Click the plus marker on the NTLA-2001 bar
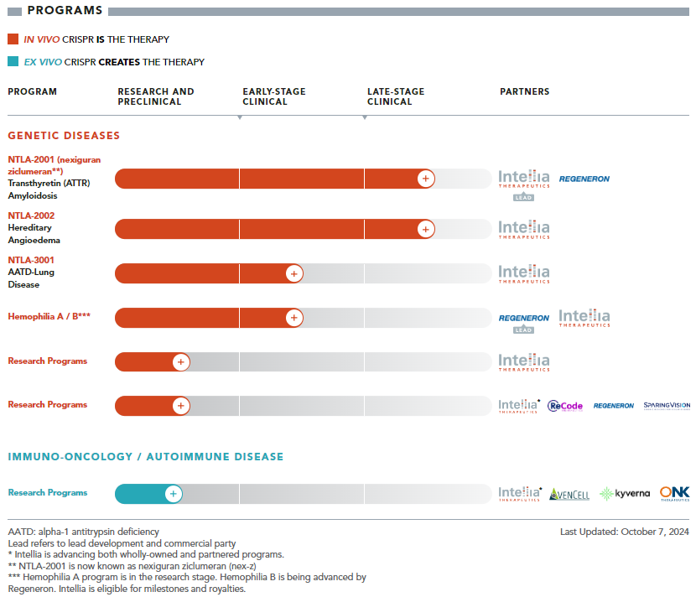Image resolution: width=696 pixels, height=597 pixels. [x=426, y=179]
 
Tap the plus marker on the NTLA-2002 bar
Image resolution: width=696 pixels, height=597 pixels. [x=426, y=229]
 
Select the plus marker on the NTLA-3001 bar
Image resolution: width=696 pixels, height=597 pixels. [x=293, y=273]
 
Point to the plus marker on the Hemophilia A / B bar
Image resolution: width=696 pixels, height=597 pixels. [x=293, y=318]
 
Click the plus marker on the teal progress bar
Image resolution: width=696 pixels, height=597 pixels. [x=173, y=494]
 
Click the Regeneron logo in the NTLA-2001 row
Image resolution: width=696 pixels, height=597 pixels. [x=584, y=179]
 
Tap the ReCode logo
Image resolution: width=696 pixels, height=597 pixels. [x=565, y=406]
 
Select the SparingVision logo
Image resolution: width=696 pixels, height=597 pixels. [x=667, y=406]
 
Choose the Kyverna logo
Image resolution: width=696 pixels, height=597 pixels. [x=626, y=494]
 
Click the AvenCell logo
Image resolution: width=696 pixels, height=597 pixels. [x=569, y=494]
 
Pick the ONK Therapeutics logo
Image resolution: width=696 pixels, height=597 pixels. [x=674, y=494]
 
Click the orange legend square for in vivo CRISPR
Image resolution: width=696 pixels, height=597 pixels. [x=13, y=39]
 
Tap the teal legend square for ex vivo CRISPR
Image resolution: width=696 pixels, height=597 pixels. [x=13, y=62]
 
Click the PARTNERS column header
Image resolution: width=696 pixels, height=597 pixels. [x=524, y=91]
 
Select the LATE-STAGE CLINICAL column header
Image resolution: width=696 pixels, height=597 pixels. [x=396, y=96]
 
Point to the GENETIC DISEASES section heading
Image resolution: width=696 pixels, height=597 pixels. [x=64, y=135]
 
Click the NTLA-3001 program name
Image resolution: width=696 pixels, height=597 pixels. [x=31, y=260]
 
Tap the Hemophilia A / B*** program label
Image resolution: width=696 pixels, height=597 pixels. [x=49, y=317]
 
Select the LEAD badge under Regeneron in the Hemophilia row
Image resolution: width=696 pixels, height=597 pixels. [x=523, y=330]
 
